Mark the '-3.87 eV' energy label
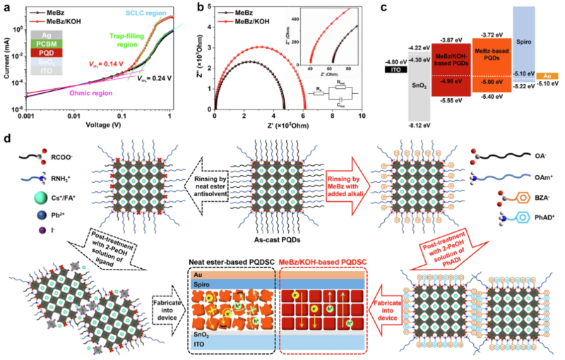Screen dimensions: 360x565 (451, 41)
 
